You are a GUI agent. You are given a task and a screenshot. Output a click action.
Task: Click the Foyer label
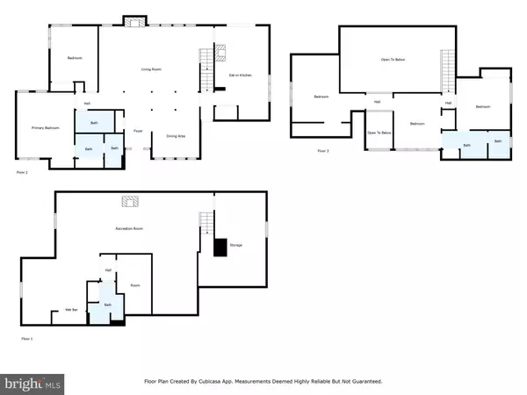point(138,131)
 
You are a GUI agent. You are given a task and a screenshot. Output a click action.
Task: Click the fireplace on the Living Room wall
point(134,20)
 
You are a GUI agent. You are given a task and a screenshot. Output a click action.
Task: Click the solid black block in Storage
point(220,248)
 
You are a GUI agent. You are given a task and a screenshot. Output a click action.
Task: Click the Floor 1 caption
point(28,338)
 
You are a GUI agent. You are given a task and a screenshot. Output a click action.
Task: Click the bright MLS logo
point(32,383)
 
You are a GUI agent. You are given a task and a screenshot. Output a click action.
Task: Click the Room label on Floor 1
point(135,284)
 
